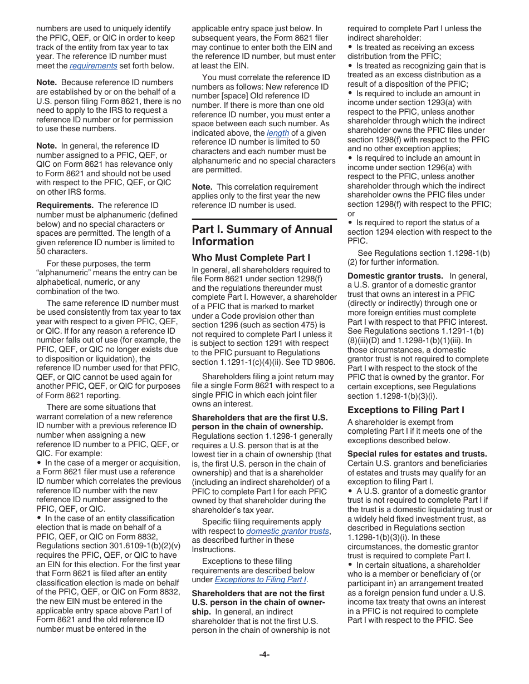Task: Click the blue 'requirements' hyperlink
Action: tap(93, 66)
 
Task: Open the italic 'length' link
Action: tap(278, 133)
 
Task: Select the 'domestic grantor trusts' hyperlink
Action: tap(288, 531)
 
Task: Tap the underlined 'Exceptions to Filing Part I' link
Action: tap(261, 579)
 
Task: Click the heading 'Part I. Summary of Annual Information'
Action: tap(262, 235)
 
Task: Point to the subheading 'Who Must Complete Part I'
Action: tap(251, 257)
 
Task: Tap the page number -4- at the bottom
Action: tap(264, 655)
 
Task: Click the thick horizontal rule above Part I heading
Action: tap(264, 219)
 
